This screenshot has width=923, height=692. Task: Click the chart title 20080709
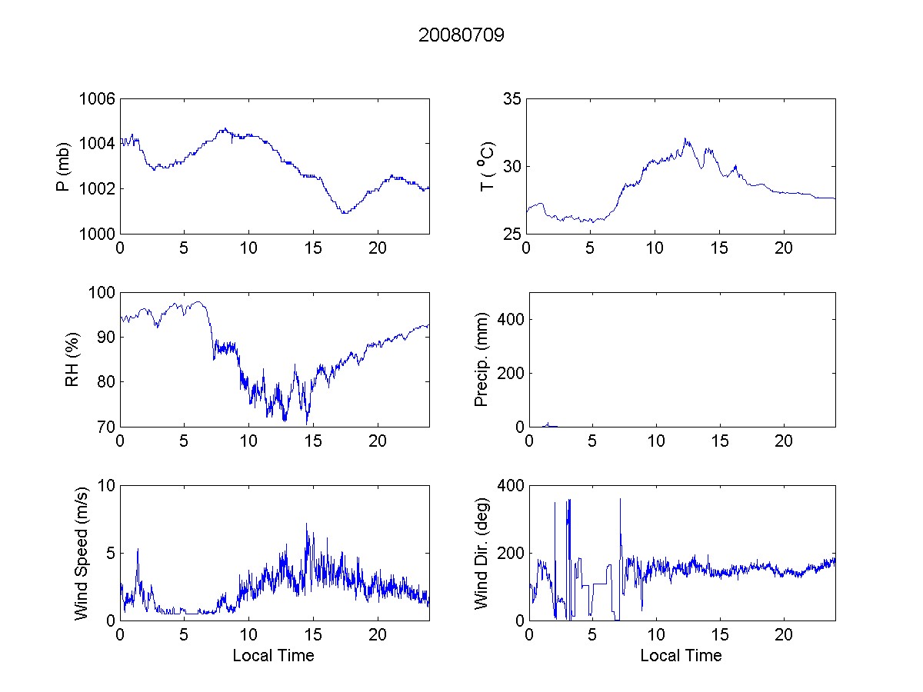pyautogui.click(x=461, y=35)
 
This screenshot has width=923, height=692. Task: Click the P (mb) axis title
pyautogui.click(x=65, y=166)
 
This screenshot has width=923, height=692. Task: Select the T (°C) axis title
pyautogui.click(x=487, y=166)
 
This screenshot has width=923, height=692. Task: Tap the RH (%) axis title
pyautogui.click(x=72, y=359)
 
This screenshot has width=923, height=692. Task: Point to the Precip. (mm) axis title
pyautogui.click(x=481, y=359)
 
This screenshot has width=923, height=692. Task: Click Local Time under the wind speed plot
pyautogui.click(x=273, y=655)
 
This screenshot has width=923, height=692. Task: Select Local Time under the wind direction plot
pyautogui.click(x=681, y=655)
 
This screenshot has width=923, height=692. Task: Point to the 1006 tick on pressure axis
pyautogui.click(x=98, y=99)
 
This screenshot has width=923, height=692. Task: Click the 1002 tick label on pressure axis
pyautogui.click(x=98, y=188)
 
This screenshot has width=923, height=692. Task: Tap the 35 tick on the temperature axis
pyautogui.click(x=512, y=99)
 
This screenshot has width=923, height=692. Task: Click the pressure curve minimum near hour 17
pyautogui.click(x=344, y=212)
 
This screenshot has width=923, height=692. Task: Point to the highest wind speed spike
pyautogui.click(x=306, y=524)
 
